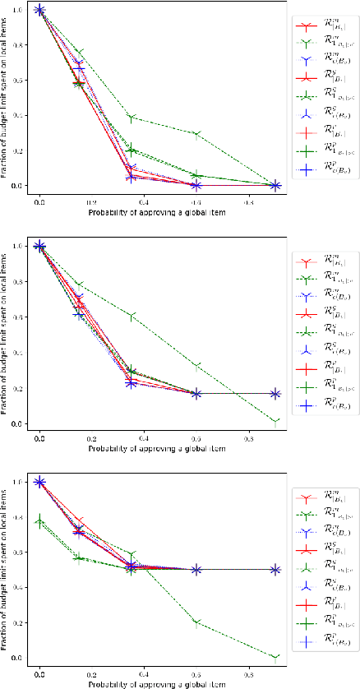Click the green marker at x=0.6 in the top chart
196,133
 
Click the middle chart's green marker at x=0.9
275,421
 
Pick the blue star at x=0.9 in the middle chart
275,394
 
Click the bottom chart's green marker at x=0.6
196,621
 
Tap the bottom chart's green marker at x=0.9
275,657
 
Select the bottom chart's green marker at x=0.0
39,521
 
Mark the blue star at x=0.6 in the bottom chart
196,570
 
